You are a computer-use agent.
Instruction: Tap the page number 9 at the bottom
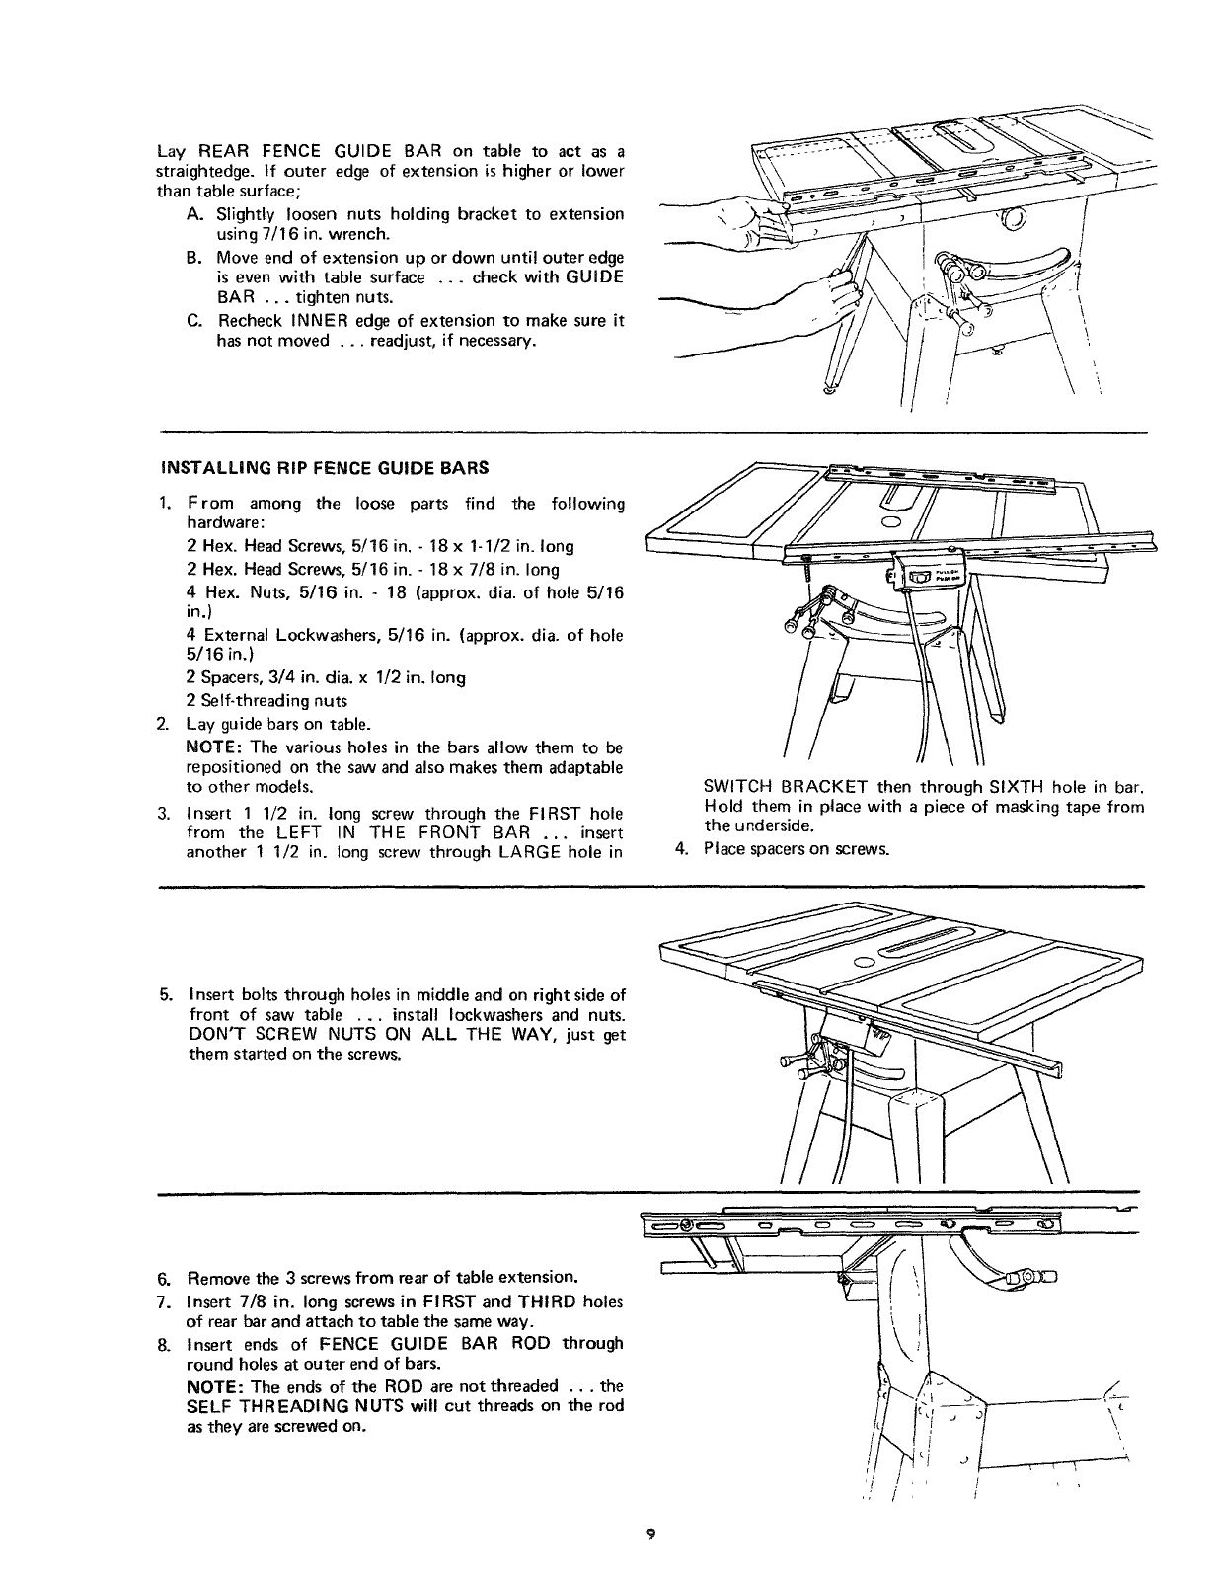click(649, 1533)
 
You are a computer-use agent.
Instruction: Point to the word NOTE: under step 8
click(213, 1386)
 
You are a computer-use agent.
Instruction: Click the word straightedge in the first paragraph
click(198, 172)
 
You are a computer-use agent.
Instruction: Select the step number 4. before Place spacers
click(679, 848)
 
